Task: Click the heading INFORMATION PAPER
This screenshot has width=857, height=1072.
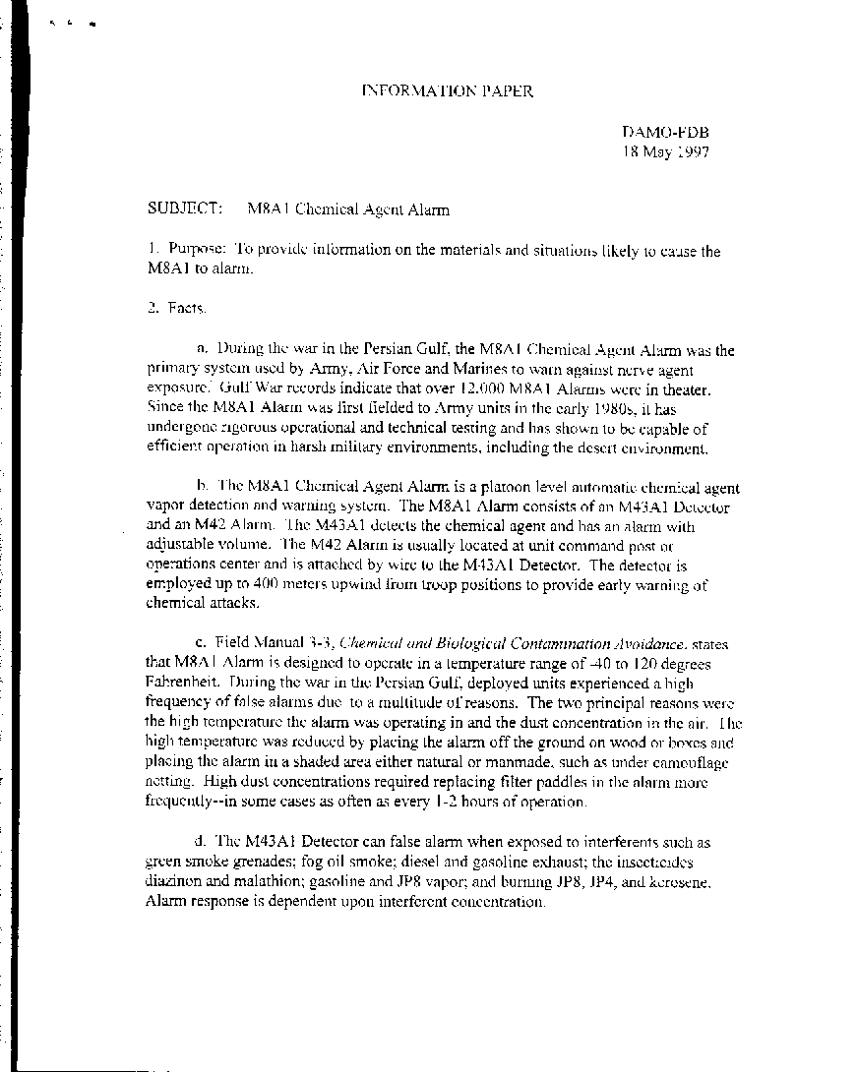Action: pos(448,91)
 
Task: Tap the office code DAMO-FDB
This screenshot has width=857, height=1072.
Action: pos(665,133)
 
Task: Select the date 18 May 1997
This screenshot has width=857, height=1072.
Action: pos(665,151)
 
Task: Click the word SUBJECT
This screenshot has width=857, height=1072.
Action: pos(183,209)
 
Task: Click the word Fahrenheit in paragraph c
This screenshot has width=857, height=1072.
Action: pos(180,684)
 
